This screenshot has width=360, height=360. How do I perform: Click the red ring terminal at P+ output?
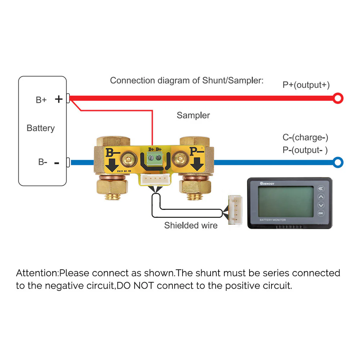point(338,98)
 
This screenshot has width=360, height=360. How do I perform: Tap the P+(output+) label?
point(306,85)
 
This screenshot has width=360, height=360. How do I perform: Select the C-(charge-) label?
point(305,137)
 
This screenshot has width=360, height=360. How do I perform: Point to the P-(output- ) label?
point(305,150)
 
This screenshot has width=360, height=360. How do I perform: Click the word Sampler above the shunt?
point(193,115)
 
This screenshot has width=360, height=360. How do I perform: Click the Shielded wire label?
point(191,225)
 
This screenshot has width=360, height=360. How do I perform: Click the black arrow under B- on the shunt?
point(112,165)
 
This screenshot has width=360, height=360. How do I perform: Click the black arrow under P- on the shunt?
point(197,165)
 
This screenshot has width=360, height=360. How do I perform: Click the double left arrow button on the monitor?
point(321,189)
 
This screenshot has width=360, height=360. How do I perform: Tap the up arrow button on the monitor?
point(321,197)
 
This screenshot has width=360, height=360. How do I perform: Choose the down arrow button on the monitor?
point(321,205)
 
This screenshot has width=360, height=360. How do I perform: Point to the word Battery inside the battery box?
point(41,128)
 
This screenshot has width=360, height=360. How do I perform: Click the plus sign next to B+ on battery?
point(59,99)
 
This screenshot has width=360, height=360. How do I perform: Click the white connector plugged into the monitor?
point(234,210)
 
